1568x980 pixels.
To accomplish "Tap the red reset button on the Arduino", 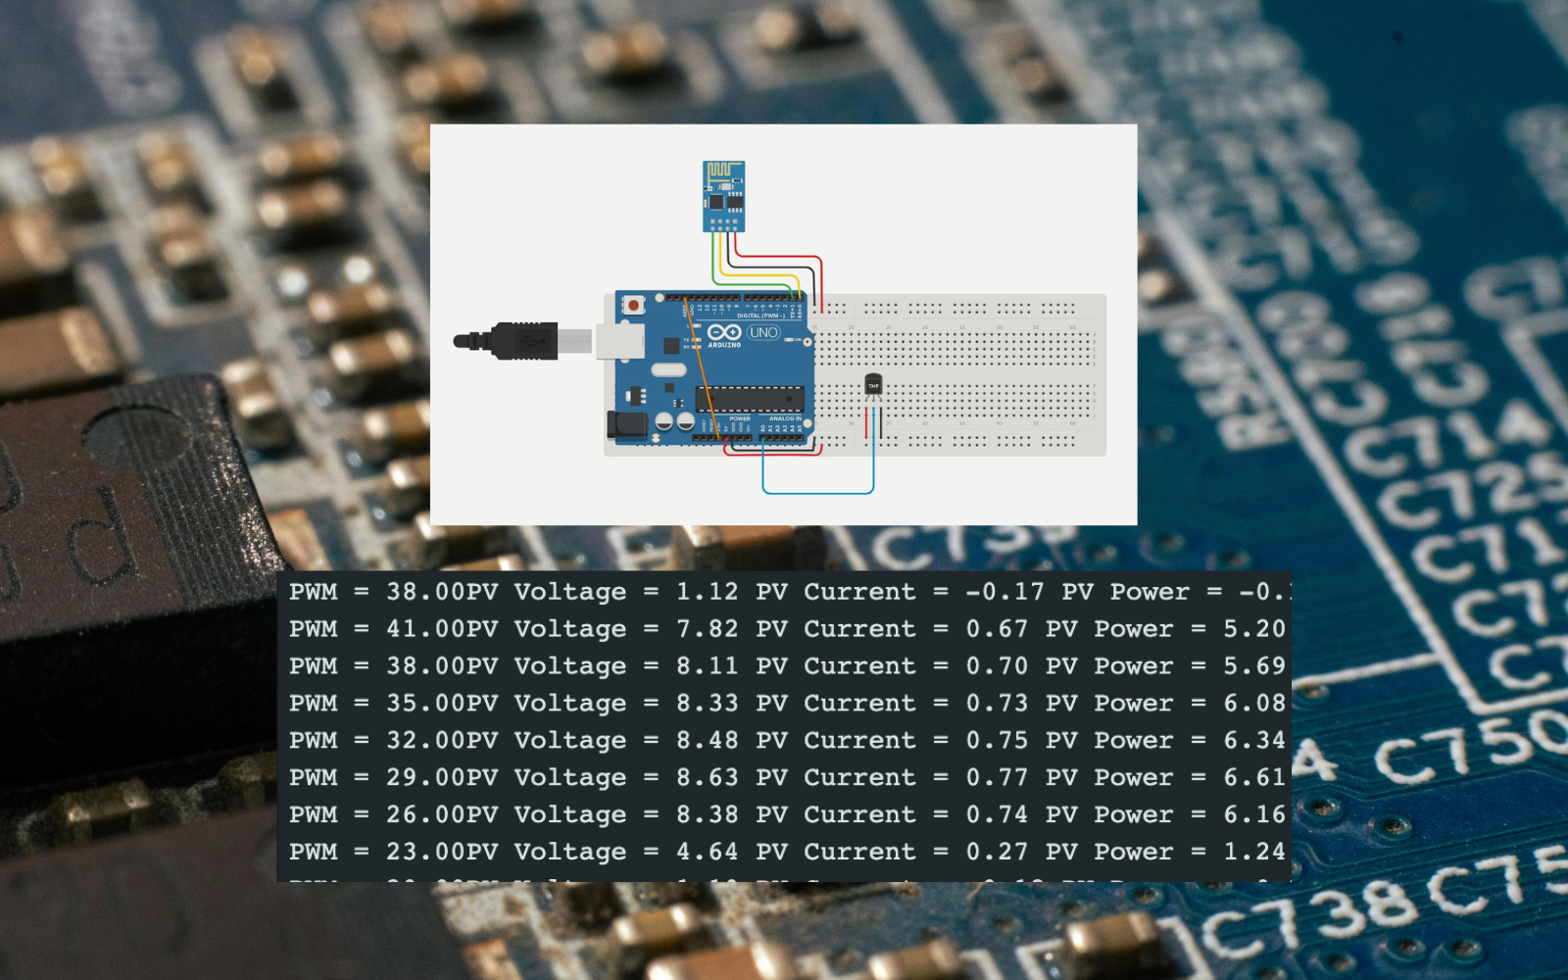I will pyautogui.click(x=634, y=306).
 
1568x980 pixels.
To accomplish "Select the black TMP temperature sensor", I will pyautogui.click(x=873, y=386).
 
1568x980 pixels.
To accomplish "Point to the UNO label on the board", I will pyautogui.click(x=763, y=333).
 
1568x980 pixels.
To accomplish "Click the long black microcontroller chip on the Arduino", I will pyautogui.click(x=750, y=398).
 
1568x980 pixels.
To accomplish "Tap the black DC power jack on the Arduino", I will pyautogui.click(x=626, y=424).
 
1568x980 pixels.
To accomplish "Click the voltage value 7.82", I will pyautogui.click(x=707, y=629).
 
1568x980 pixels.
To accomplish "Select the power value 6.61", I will pyautogui.click(x=1253, y=777).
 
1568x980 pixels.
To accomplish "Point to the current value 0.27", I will pyautogui.click(x=997, y=852).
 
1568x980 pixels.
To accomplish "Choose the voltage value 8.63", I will pyautogui.click(x=707, y=777).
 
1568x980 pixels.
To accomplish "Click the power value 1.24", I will pyautogui.click(x=1253, y=852).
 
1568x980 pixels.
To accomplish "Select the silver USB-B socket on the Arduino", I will pyautogui.click(x=619, y=341).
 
